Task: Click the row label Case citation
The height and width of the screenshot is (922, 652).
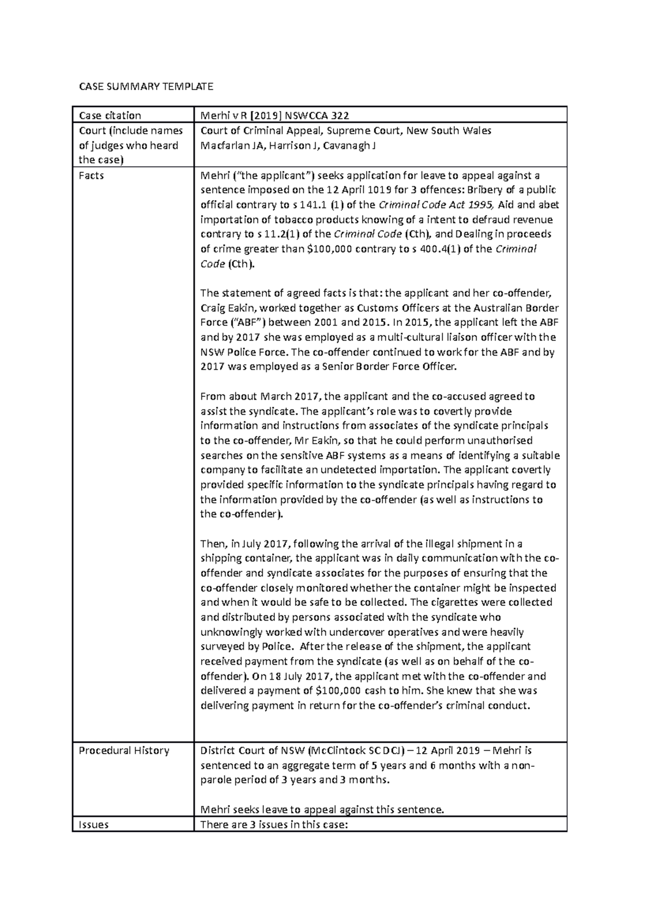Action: click(110, 115)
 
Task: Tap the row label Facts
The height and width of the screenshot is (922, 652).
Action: click(91, 176)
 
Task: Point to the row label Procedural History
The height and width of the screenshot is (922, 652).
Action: click(124, 750)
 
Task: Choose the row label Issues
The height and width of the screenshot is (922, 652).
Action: click(93, 824)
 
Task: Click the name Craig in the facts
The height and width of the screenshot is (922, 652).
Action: click(214, 308)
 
